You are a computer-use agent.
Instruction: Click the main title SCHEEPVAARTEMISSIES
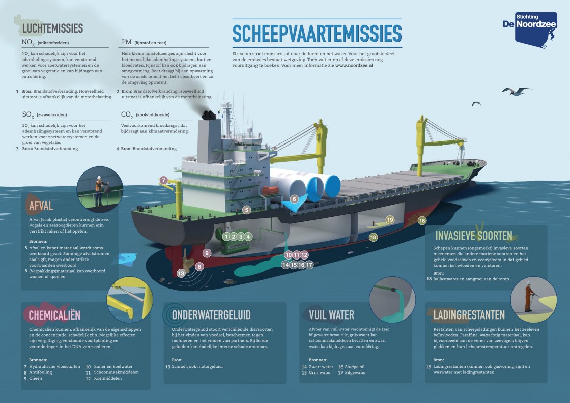(317, 34)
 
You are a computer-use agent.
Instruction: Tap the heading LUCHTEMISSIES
(53, 28)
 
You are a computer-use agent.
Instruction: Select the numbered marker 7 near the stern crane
(163, 180)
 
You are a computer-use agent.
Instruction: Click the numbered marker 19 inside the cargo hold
(390, 219)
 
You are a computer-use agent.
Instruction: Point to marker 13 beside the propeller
(181, 273)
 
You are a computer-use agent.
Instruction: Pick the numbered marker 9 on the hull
(207, 253)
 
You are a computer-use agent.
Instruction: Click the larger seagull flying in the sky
(517, 91)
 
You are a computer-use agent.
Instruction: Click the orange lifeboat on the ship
(270, 191)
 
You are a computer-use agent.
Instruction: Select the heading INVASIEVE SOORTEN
(474, 236)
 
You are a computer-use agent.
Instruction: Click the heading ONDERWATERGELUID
(211, 315)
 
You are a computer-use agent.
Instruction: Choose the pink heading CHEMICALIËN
(54, 315)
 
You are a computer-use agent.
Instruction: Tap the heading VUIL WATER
(331, 315)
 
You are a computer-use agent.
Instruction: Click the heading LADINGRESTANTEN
(469, 315)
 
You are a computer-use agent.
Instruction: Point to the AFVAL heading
(41, 206)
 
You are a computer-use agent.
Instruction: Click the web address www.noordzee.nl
(354, 66)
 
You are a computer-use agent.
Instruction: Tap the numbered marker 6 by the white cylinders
(294, 199)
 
